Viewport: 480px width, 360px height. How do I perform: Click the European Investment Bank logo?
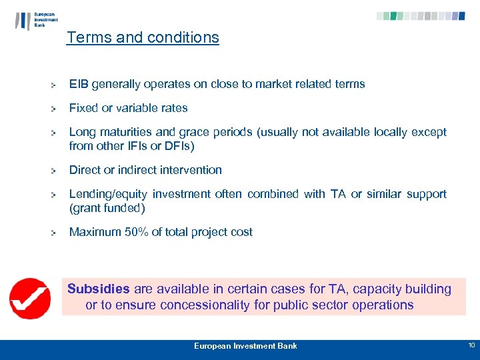[x=36, y=20]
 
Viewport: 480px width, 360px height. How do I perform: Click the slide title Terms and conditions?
[x=143, y=37]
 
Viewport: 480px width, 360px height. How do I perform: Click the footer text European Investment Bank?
[x=245, y=346]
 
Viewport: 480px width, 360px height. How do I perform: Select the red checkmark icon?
[x=29, y=298]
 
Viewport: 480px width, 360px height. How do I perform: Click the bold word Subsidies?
[x=99, y=289]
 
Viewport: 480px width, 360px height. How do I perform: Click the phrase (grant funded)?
[x=107, y=208]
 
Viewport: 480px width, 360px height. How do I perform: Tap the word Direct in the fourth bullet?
[x=85, y=170]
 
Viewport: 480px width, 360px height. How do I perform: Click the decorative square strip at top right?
[x=420, y=16]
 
